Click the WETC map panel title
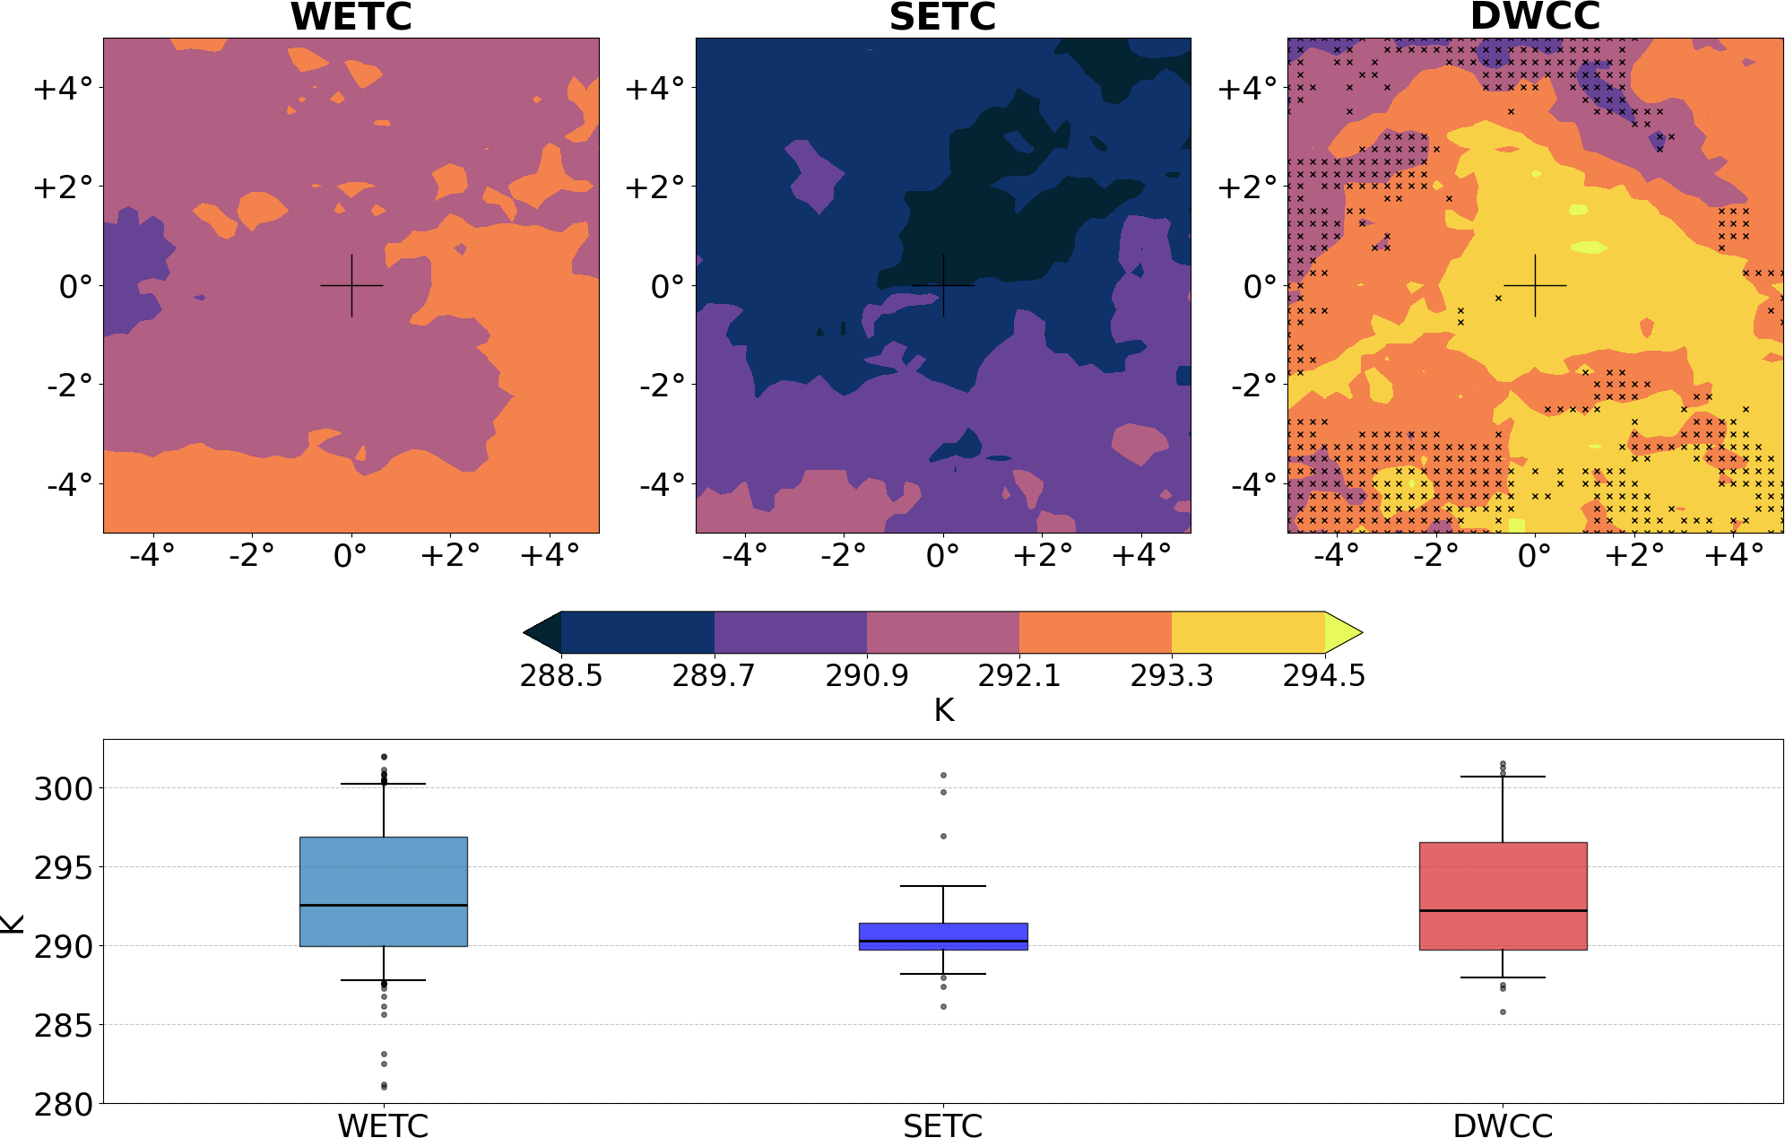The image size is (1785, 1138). tap(351, 16)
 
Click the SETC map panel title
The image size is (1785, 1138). tap(942, 16)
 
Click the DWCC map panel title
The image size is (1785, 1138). tap(1535, 16)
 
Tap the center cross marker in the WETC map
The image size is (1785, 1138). tap(351, 285)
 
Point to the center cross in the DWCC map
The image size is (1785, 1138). tap(1535, 285)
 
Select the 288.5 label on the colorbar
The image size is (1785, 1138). tap(561, 675)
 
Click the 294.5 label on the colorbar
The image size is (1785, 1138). tap(1323, 675)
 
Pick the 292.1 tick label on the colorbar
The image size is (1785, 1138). tap(1018, 675)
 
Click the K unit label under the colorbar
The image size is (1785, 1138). tap(943, 710)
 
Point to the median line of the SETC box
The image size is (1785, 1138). tap(943, 941)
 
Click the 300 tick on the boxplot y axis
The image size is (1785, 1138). tap(64, 789)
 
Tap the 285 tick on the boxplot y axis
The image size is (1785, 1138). tap(64, 1025)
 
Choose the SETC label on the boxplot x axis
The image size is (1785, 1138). tap(943, 1125)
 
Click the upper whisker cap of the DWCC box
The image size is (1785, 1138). tap(1503, 777)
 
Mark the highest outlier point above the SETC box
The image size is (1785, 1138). tap(943, 775)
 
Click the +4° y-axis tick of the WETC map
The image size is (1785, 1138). tap(63, 88)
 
